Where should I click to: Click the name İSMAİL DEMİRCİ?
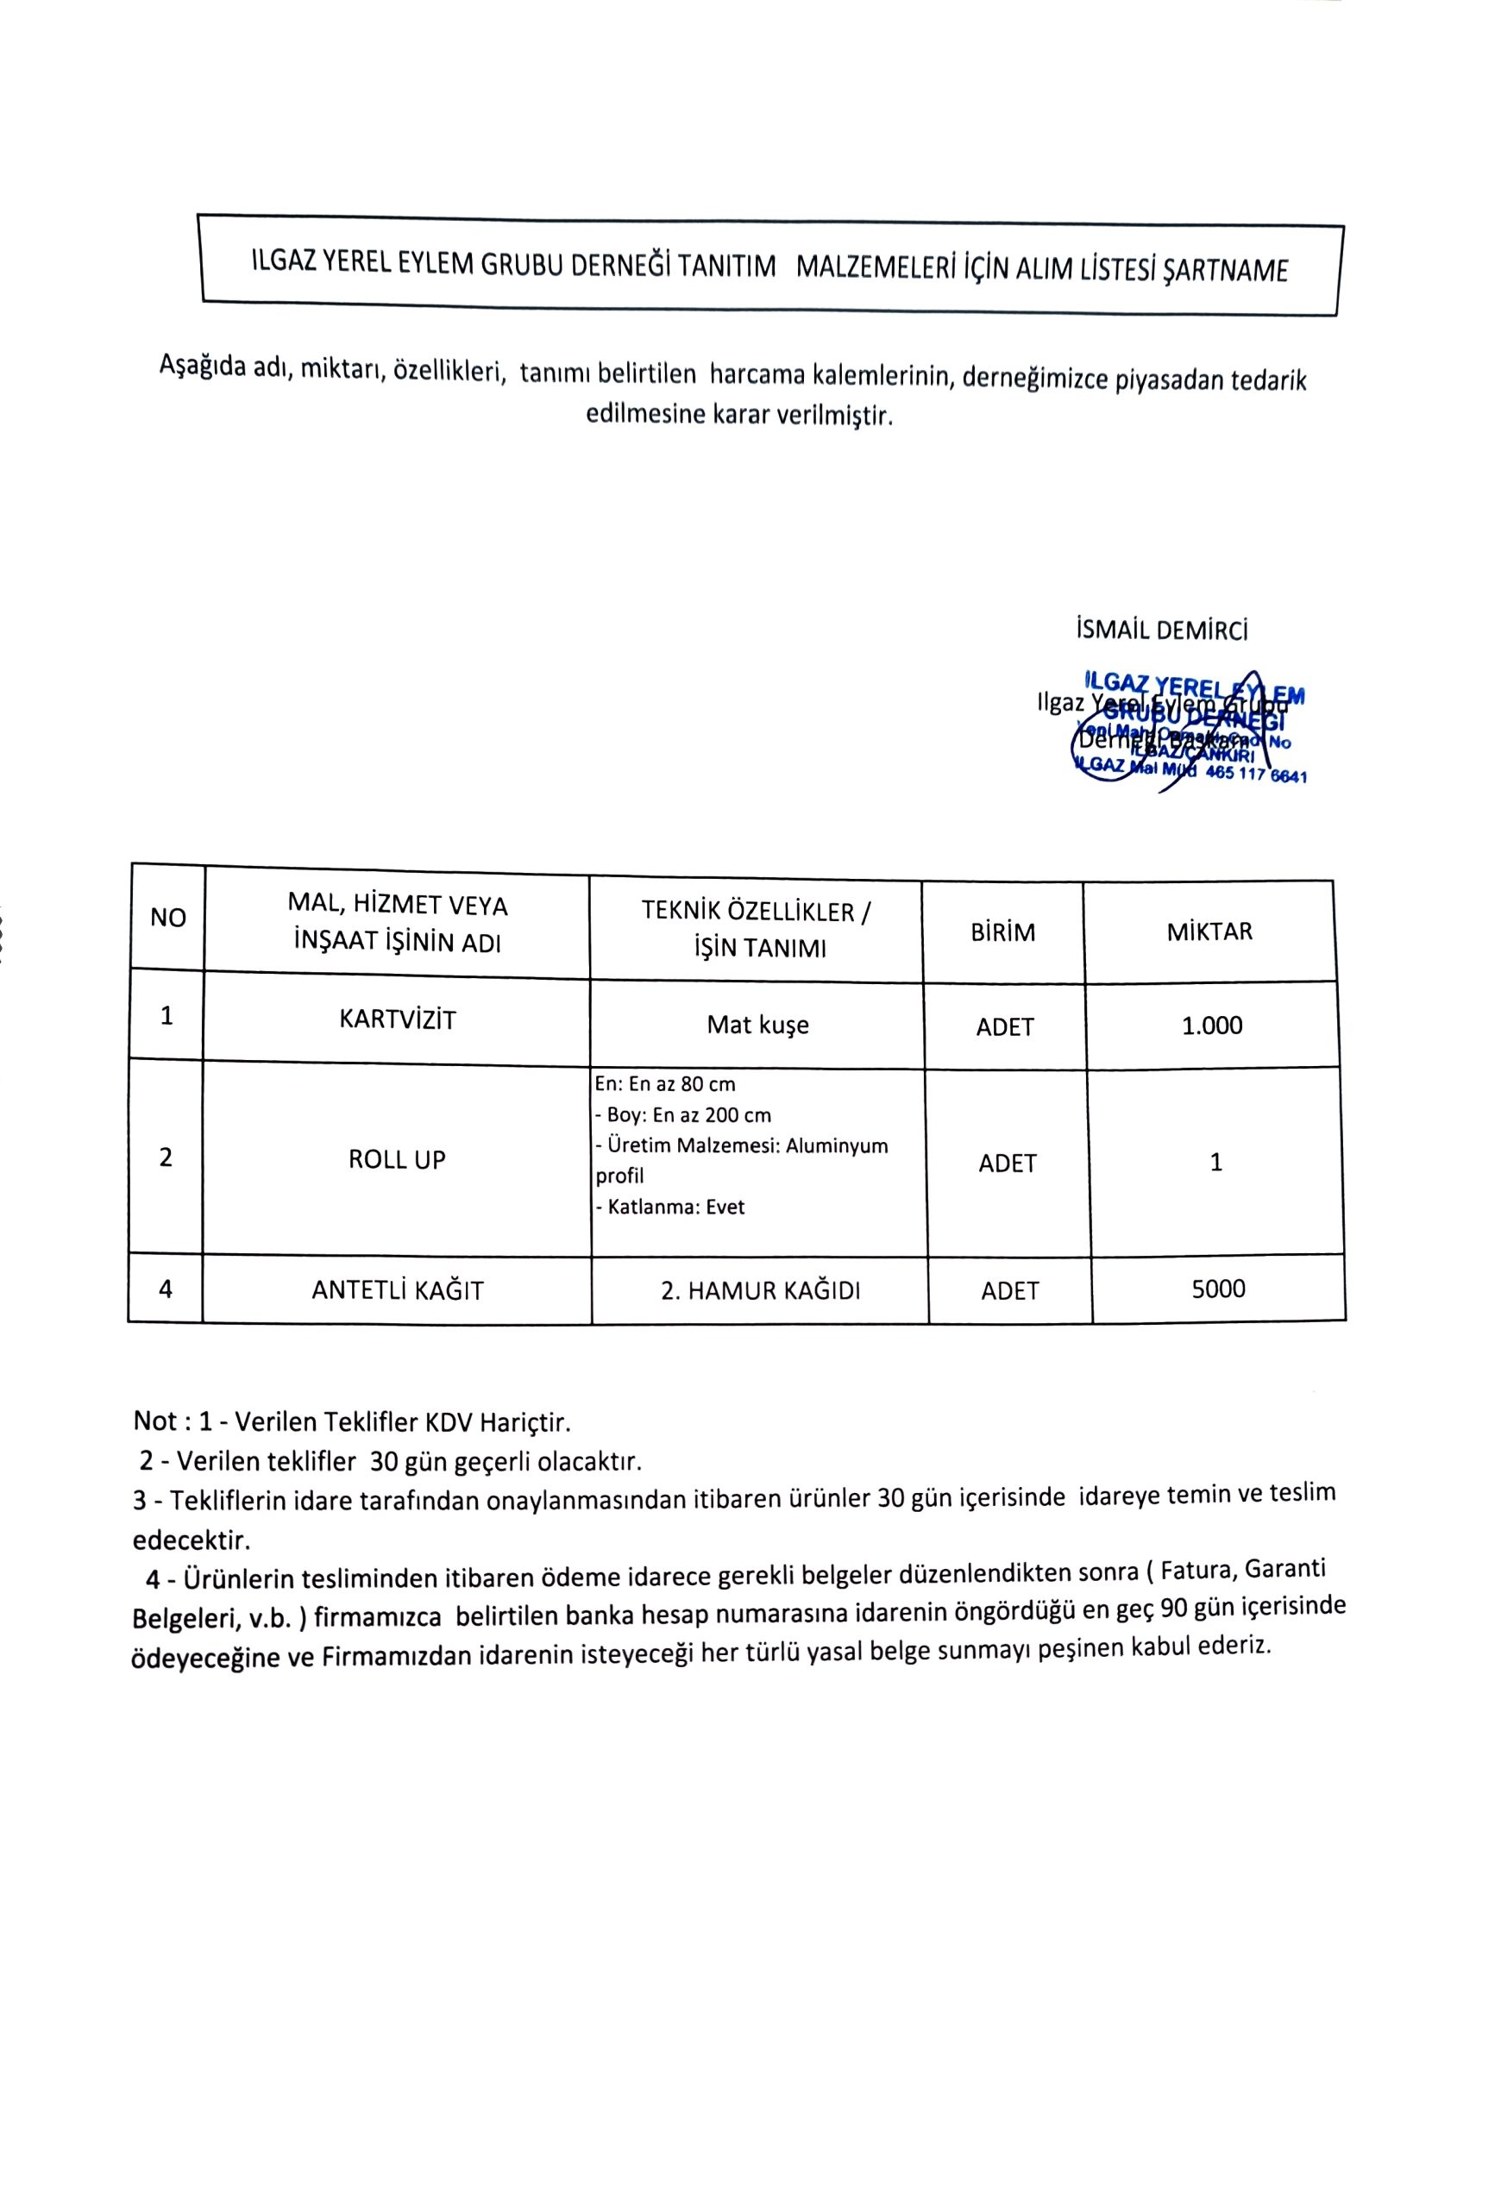(1162, 629)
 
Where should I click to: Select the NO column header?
(168, 918)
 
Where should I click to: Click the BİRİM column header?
(1002, 932)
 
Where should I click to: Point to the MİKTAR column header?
(1209, 931)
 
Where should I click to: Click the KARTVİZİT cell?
(397, 1020)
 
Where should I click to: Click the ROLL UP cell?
(397, 1159)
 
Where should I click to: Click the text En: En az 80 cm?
(665, 1084)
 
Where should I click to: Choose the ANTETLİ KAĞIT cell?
(397, 1290)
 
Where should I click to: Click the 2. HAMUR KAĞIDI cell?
(760, 1290)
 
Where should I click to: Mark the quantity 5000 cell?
(1218, 1289)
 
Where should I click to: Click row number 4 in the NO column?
(166, 1289)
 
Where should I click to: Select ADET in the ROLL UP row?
(1007, 1163)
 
